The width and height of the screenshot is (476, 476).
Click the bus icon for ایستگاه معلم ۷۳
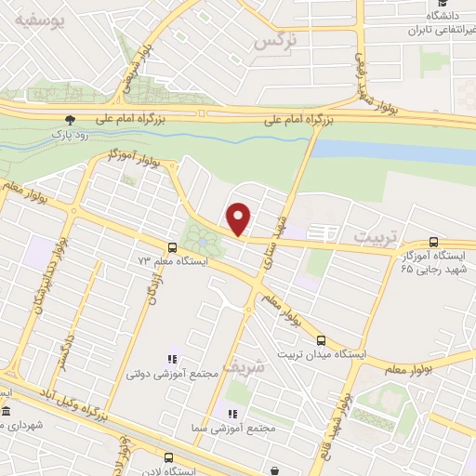click(x=171, y=247)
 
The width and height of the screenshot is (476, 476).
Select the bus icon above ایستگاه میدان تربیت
click(x=322, y=340)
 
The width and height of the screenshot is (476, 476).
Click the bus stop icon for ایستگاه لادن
click(x=168, y=457)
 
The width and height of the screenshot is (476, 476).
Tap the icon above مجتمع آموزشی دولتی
click(x=171, y=359)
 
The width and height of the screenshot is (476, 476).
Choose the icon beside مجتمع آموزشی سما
click(x=231, y=413)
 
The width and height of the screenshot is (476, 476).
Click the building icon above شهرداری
click(x=7, y=411)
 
